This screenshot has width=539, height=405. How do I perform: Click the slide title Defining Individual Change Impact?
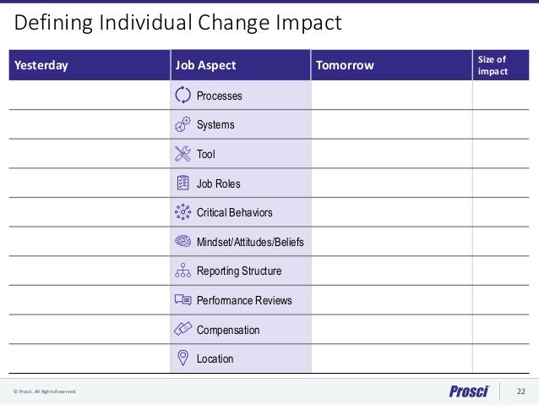(178, 23)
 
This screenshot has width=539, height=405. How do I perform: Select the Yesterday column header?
(39, 65)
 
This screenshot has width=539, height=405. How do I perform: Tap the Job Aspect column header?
(205, 65)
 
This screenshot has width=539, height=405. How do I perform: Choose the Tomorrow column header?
(344, 65)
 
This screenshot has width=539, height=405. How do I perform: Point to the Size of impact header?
(493, 65)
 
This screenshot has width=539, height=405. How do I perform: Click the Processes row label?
(219, 96)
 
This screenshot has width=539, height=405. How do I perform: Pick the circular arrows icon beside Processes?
(182, 95)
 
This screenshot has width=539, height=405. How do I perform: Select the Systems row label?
(215, 125)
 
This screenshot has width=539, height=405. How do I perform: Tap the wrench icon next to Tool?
(182, 154)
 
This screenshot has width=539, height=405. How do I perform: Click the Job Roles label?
(219, 183)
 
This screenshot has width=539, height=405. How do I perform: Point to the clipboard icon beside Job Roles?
(182, 183)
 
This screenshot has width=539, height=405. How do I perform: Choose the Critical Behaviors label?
(234, 213)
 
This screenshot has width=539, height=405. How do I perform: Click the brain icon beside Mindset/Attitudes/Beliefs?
(182, 242)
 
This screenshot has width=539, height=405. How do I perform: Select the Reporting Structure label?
(239, 271)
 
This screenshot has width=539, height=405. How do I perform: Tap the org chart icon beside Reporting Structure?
(182, 271)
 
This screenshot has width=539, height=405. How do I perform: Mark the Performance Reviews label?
(244, 300)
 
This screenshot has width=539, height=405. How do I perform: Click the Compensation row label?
(228, 330)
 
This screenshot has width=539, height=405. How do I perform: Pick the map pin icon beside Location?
(182, 358)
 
